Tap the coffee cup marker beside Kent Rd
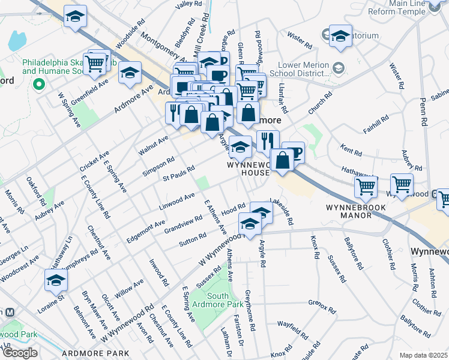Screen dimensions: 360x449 (293, 152)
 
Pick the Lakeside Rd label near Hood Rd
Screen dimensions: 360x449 (282, 212)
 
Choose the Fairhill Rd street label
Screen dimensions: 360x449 (376, 124)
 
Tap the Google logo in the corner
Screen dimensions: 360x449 (20, 353)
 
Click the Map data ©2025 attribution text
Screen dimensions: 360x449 (423, 355)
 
